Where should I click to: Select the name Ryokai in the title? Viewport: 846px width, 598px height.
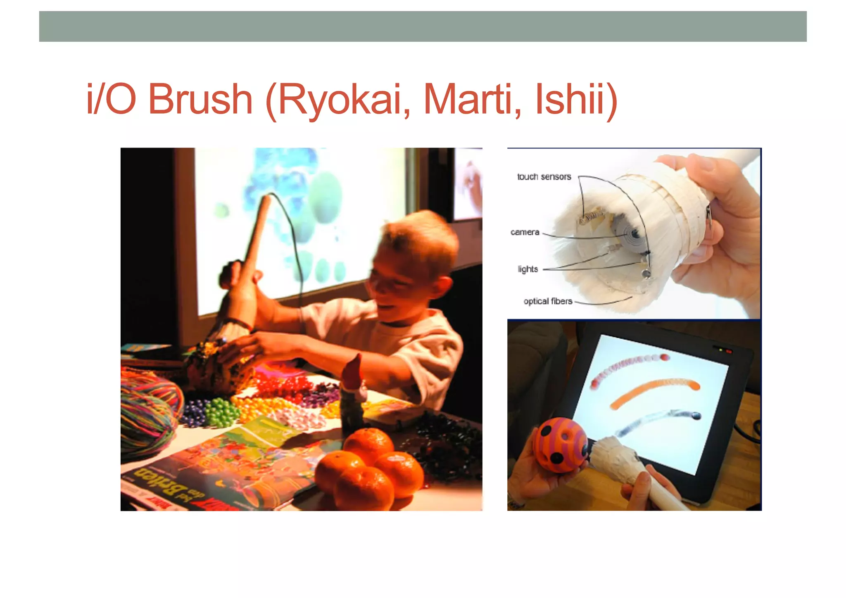[x=343, y=100]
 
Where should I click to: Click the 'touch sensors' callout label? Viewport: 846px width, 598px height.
[x=544, y=177]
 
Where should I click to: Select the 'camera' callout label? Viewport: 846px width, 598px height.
[x=525, y=232]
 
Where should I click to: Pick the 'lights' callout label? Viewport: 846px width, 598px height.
[x=528, y=269]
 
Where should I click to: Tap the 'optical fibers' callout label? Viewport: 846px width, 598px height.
[x=548, y=301]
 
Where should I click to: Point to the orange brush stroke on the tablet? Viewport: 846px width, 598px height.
[x=655, y=393]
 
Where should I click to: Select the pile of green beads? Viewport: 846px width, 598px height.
[x=221, y=411]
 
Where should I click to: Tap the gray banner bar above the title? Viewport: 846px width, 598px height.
[x=423, y=26]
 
